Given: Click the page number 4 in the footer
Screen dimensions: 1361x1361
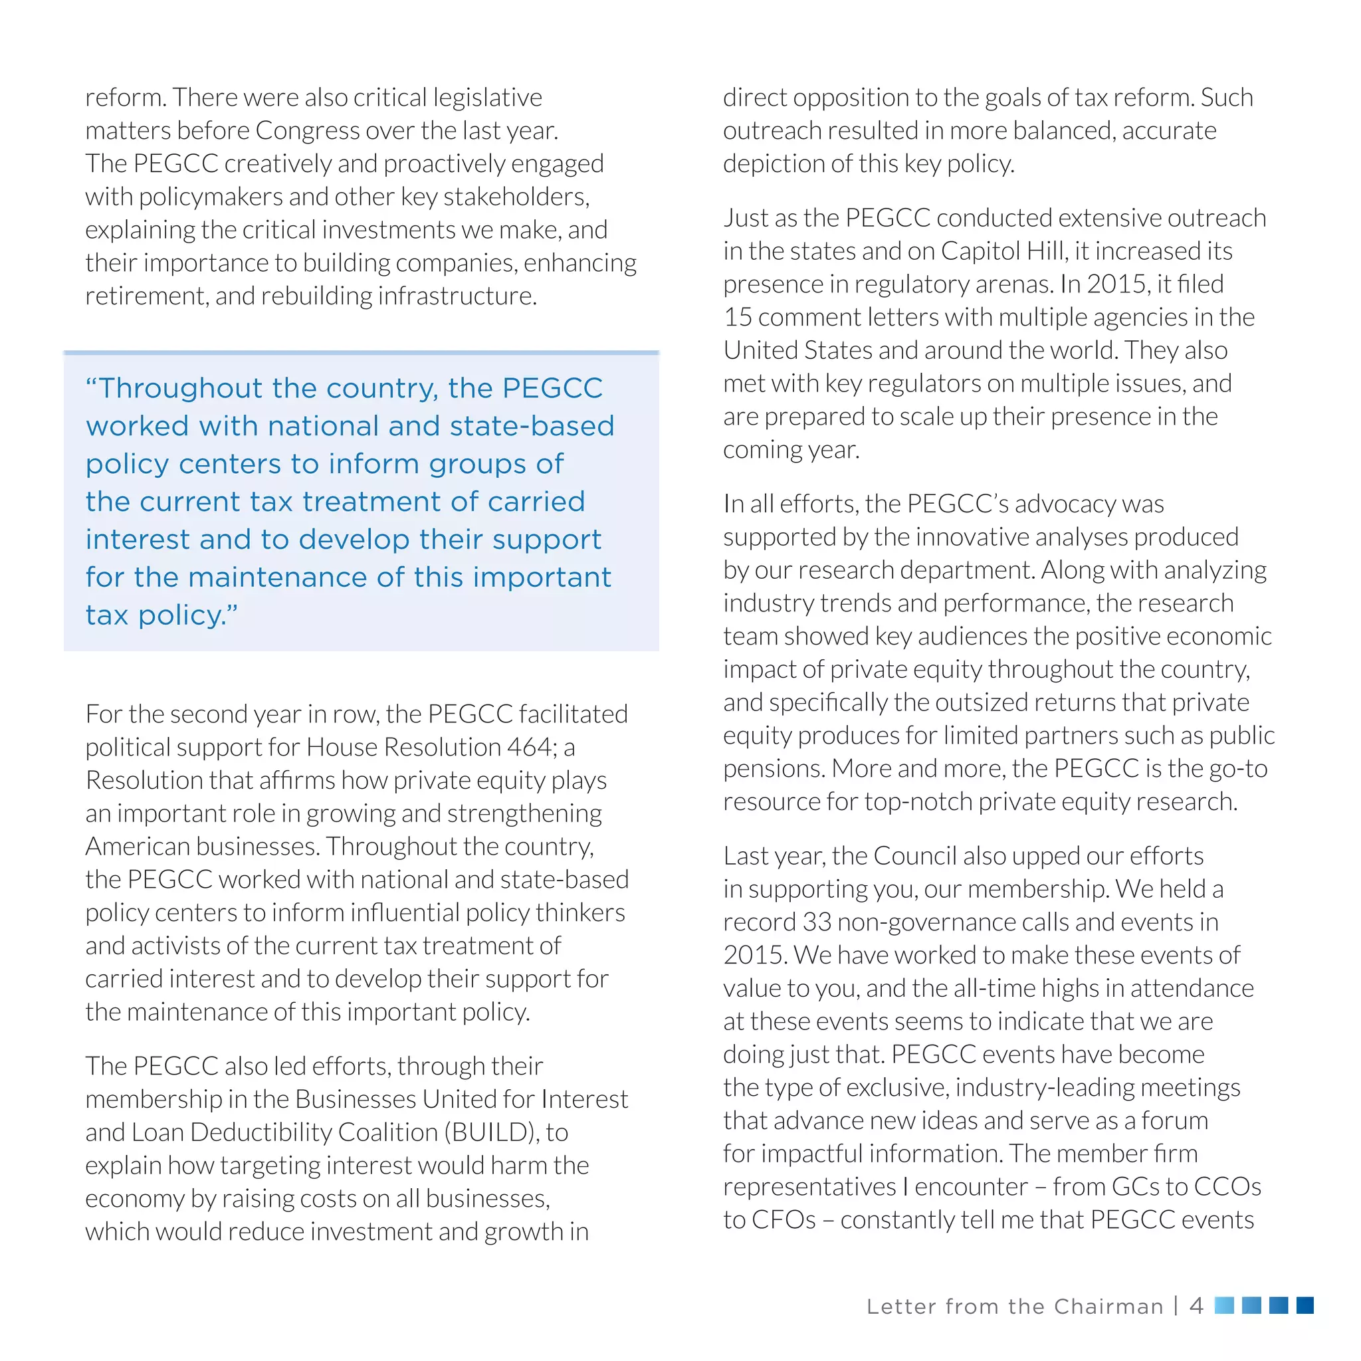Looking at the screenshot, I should coord(1196,1306).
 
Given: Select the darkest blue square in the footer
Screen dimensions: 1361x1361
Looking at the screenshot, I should coord(1305,1305).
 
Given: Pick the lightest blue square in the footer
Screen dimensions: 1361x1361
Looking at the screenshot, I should coord(1224,1305).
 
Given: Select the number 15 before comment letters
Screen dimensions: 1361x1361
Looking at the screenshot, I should coord(738,317).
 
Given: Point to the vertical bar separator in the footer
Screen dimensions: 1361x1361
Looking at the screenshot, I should coord(1176,1306).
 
